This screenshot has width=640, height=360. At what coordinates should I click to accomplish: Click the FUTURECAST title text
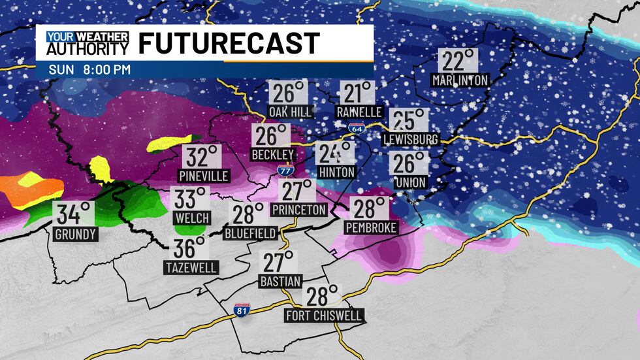click(229, 43)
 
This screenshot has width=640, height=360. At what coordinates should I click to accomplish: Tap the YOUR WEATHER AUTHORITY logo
click(88, 43)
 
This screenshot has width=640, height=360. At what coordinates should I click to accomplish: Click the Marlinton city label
click(460, 80)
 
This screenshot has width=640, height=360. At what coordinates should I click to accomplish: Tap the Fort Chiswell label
click(323, 316)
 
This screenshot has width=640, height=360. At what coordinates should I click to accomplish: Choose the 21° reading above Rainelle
click(359, 93)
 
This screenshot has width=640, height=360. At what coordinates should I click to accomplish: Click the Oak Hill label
click(290, 112)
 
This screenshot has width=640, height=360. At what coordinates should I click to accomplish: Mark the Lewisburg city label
click(410, 139)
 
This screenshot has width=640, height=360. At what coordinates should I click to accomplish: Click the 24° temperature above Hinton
click(336, 154)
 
